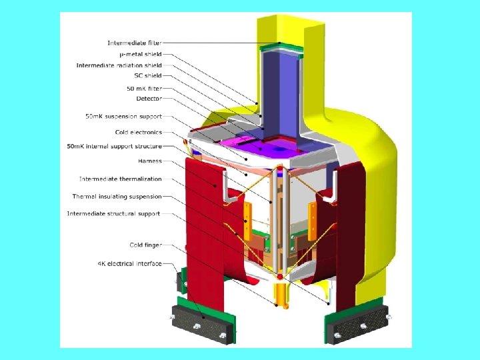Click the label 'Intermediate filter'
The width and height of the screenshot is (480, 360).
[x=135, y=43]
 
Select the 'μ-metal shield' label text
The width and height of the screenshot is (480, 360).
[x=141, y=54]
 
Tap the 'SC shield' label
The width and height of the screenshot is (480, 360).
[x=148, y=75]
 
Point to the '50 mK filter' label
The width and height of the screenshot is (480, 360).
[x=144, y=89]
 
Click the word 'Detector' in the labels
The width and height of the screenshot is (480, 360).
[x=149, y=99]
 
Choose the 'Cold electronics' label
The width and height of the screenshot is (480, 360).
[x=139, y=132]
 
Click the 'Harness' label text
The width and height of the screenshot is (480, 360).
[x=150, y=161]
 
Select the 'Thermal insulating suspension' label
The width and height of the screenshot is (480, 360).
[x=117, y=197]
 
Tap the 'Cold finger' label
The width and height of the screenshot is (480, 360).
[x=146, y=245]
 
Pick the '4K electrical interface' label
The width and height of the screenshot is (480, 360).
[x=129, y=263]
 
